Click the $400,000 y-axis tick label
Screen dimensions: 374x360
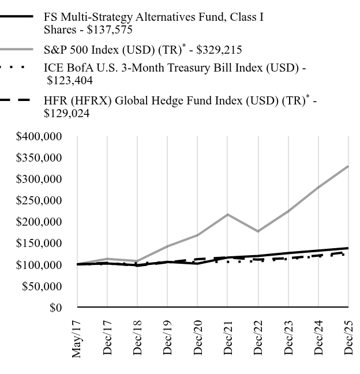pos(39,137)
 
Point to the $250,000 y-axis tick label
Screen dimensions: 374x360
pos(39,201)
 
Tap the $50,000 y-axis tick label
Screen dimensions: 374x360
pos(42,286)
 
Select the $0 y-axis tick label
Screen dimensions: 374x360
pos(55,308)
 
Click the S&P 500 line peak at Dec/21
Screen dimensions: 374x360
pos(228,215)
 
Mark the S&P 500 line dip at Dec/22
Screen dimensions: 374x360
pos(258,231)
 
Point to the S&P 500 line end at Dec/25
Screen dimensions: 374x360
pos(348,167)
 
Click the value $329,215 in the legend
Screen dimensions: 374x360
pos(219,50)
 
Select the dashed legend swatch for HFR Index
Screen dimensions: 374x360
pos(15,100)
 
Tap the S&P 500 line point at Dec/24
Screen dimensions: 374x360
pos(318,188)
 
